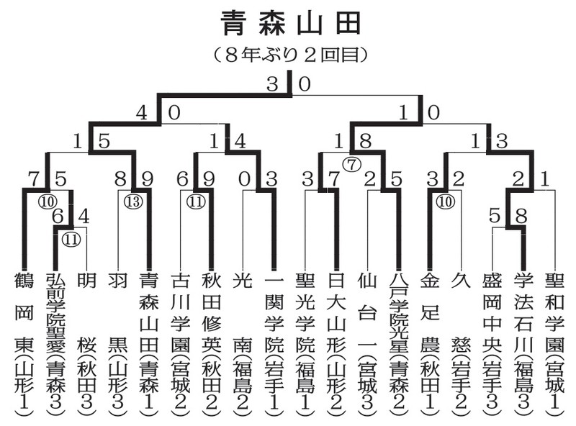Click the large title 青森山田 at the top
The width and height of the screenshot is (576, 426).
coord(289,24)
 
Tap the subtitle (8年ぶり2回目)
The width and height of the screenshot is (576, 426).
coord(290,54)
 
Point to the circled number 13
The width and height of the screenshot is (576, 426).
coord(132,201)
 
